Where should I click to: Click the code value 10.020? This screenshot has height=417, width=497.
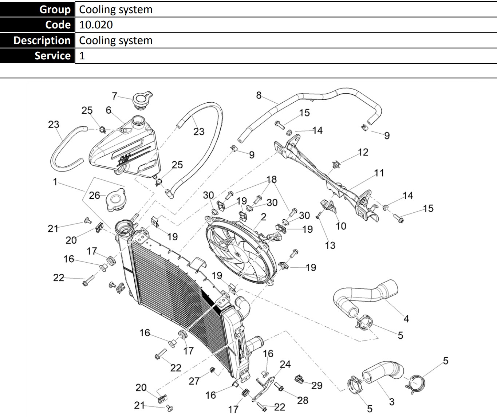pyautogui.click(x=96, y=25)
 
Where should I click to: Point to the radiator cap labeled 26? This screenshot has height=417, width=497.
pyautogui.click(x=116, y=201)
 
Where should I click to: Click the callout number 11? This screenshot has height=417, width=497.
pyautogui.click(x=379, y=173)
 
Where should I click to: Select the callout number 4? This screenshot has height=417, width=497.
pyautogui.click(x=406, y=319)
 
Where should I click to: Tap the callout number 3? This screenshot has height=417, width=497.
pyautogui.click(x=391, y=402)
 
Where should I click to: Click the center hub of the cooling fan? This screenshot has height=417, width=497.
pyautogui.click(x=237, y=253)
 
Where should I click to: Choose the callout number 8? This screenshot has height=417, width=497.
pyautogui.click(x=259, y=95)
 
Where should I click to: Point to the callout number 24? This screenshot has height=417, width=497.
pyautogui.click(x=285, y=364)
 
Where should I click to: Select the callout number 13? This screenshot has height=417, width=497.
pyautogui.click(x=330, y=245)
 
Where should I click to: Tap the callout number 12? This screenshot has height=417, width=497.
pyautogui.click(x=363, y=152)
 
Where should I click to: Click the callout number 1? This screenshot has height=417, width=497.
pyautogui.click(x=55, y=181)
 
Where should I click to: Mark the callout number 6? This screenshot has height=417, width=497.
pyautogui.click(x=109, y=110)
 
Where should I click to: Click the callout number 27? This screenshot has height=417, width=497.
pyautogui.click(x=194, y=381)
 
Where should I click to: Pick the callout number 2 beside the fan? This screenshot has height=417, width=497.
pyautogui.click(x=263, y=217)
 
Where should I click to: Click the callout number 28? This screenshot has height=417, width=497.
pyautogui.click(x=303, y=400)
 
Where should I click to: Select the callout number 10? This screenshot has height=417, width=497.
pyautogui.click(x=340, y=226)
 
